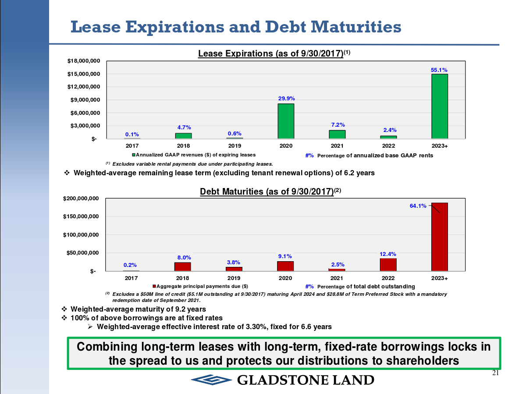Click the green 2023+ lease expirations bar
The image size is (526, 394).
click(440, 106)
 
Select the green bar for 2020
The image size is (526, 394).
click(286, 121)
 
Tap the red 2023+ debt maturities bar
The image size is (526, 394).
click(440, 237)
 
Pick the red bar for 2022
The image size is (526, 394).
click(388, 265)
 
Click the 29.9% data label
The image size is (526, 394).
click(286, 99)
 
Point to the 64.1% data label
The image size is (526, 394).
click(418, 206)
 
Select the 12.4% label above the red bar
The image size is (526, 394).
click(388, 254)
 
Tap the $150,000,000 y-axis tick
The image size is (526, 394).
click(83, 217)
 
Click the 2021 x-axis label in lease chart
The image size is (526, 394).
click(337, 146)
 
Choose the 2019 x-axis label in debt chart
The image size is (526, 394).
click(234, 278)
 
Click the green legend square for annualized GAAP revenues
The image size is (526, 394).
click(134, 155)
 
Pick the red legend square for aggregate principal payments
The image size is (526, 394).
click(154, 286)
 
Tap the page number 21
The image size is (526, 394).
click(496, 373)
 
